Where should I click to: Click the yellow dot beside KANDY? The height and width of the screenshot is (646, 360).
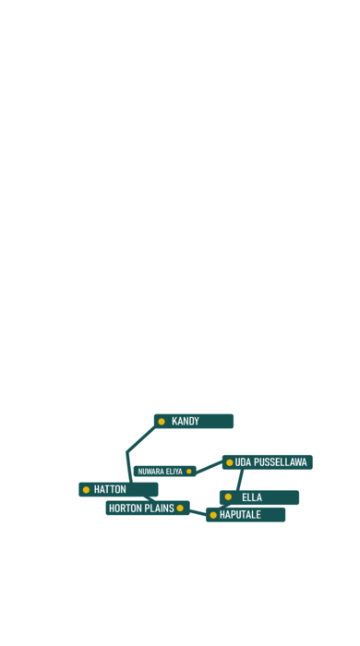162,422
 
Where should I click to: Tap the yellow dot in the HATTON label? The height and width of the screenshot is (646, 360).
86,490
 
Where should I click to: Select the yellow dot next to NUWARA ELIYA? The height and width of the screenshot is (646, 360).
189,472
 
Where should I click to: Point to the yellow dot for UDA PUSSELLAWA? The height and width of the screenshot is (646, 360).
230,462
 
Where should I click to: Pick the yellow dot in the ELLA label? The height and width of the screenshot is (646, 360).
228,496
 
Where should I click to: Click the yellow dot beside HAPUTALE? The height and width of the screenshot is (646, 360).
213,515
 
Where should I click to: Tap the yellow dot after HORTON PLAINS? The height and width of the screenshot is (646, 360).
180,508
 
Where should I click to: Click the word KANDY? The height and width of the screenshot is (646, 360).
186,421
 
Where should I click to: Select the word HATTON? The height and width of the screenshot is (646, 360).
110,489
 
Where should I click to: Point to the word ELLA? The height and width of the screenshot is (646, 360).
252,497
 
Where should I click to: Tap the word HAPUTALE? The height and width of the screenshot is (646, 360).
240,515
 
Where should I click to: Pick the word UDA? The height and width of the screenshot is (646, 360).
244,462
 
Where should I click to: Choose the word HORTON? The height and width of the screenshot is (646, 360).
126,508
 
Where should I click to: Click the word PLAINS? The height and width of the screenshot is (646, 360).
160,508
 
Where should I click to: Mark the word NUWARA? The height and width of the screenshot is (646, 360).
150,472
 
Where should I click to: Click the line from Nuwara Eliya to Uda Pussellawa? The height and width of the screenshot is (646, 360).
209,468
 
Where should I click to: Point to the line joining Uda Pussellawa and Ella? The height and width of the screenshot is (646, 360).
240,480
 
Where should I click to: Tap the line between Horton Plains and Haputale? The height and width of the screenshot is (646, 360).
198,513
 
